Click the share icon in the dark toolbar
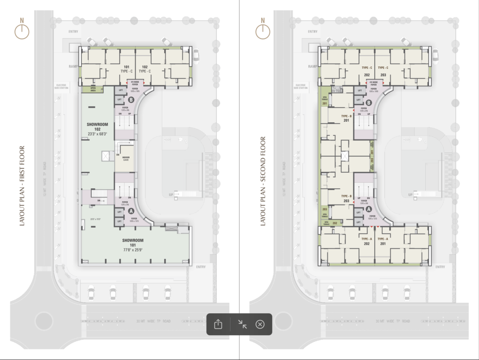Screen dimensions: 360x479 218,324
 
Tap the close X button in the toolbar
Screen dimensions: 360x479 261,324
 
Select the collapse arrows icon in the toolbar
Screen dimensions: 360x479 242,324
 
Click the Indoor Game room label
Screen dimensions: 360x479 125,159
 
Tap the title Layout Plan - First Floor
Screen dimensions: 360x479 22,186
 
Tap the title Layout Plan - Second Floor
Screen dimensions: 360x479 262,182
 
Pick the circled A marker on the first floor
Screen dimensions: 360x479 131,211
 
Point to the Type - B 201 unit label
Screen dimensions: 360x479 346,118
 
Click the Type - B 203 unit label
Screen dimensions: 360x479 346,198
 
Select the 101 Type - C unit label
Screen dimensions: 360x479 127,69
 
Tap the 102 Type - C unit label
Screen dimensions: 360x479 145,69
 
